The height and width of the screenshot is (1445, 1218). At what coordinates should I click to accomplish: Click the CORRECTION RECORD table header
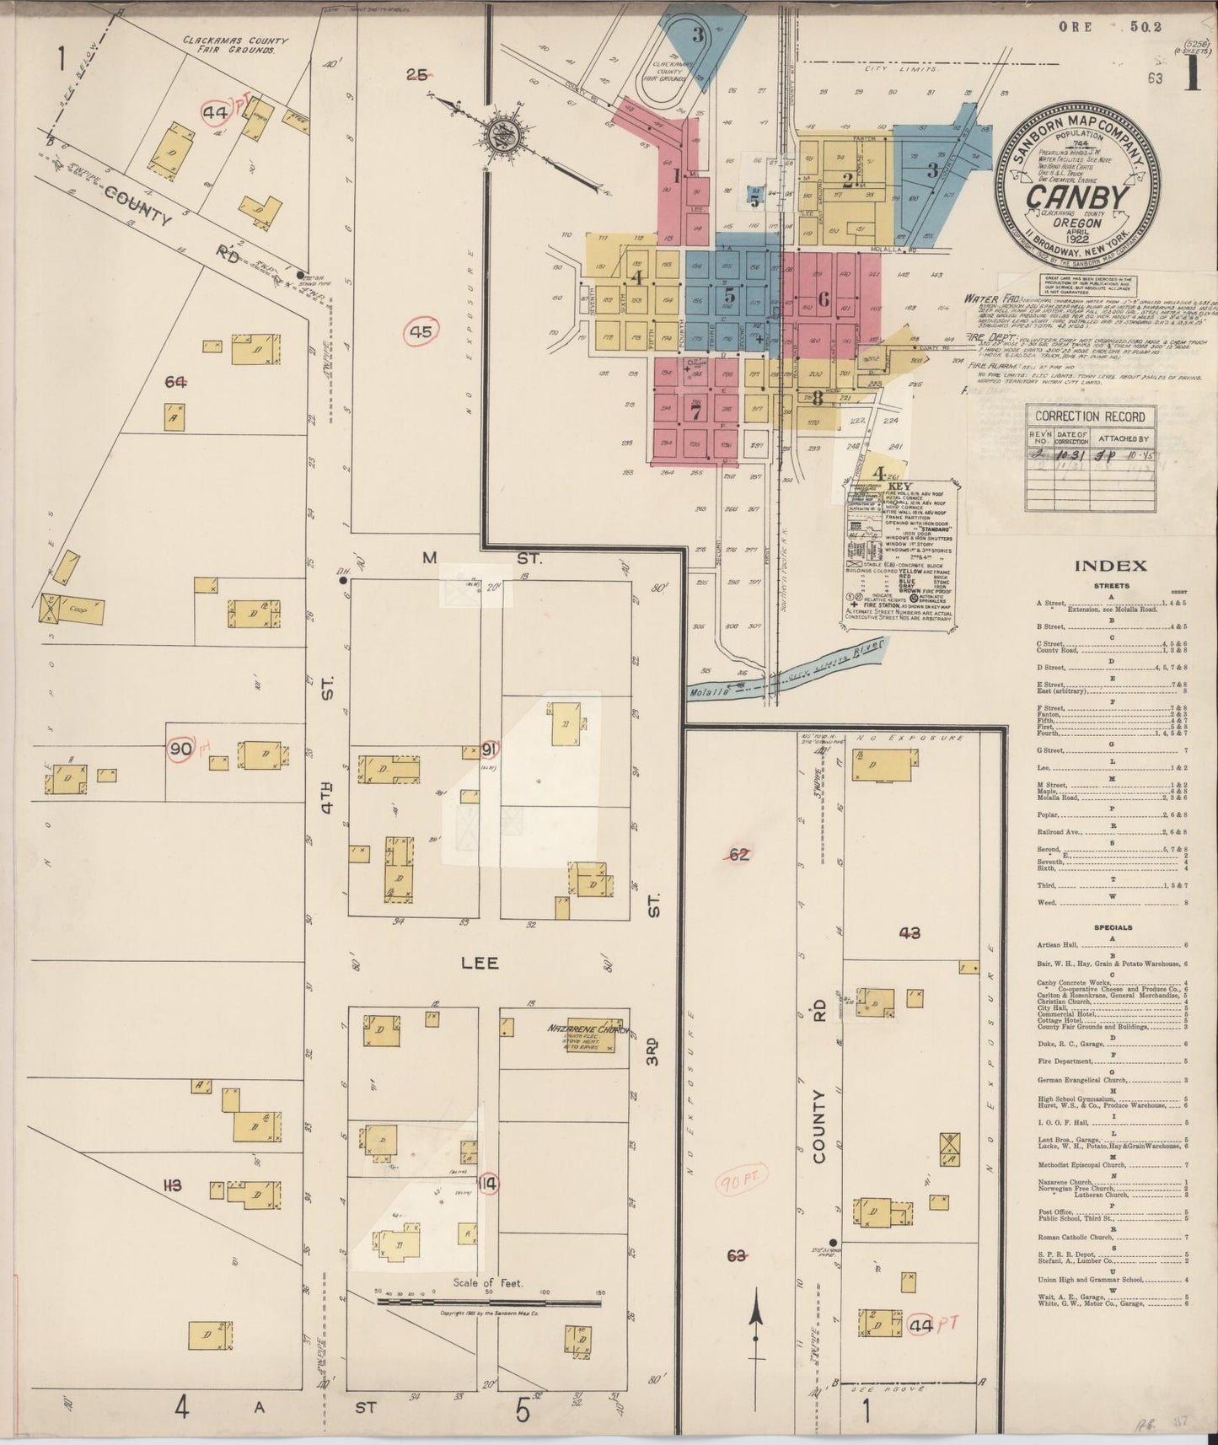pos(1090,416)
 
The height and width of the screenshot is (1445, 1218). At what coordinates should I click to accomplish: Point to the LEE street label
pos(480,963)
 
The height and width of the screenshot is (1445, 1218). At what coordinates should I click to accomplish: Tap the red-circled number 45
pos(420,332)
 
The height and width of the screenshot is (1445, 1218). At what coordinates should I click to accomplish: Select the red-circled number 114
pos(486,1184)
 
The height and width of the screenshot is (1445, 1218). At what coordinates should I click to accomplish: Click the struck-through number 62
pos(739,855)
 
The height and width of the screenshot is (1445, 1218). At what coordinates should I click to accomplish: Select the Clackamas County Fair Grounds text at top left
pos(235,45)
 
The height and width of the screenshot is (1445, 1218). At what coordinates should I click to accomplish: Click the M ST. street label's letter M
pos(430,557)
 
